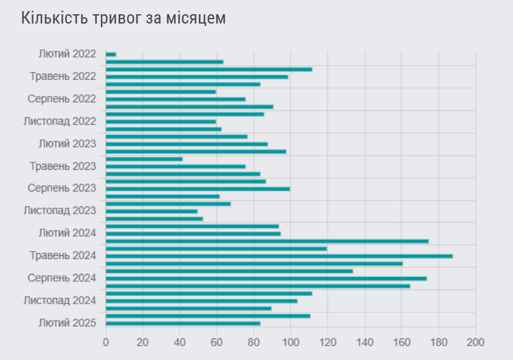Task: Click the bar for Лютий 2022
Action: point(111,55)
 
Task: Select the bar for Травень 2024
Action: point(279,256)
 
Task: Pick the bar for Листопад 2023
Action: point(152,211)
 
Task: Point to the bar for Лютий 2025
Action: point(183,323)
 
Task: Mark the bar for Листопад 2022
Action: point(161,121)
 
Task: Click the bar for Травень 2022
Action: point(197,77)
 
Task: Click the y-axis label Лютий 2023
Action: point(67,144)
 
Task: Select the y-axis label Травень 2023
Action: point(63,166)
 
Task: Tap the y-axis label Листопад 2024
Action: point(59,301)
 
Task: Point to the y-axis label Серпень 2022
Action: point(62,99)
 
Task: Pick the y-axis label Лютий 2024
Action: point(67,234)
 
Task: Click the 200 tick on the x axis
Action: point(475,342)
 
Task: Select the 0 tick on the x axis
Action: point(106,342)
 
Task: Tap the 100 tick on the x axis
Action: point(291,342)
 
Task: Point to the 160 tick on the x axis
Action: point(401,342)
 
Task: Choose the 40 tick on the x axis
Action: point(180,342)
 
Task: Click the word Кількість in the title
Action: point(53,19)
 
